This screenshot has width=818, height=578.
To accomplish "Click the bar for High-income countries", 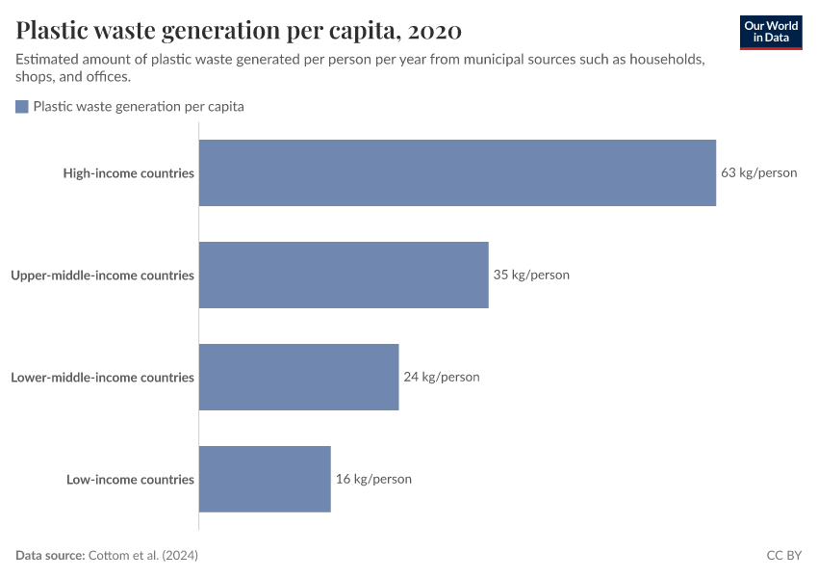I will click(457, 172).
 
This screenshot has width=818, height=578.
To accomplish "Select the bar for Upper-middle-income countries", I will click(344, 275).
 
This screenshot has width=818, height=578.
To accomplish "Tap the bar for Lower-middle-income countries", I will click(298, 377).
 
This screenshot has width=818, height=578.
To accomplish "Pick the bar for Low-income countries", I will click(265, 479).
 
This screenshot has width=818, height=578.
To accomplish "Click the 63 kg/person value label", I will click(758, 173).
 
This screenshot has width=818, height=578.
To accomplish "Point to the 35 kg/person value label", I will click(531, 275).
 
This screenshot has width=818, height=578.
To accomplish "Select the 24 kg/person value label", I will click(441, 377).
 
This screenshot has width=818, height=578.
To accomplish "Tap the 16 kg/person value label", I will click(373, 479).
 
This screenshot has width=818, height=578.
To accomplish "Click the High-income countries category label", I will click(129, 173).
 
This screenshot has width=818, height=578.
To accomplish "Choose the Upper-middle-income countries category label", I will click(102, 276).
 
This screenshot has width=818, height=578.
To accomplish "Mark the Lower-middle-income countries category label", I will click(102, 378).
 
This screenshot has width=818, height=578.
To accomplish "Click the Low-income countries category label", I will click(130, 480).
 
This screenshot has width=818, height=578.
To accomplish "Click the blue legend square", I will click(22, 107).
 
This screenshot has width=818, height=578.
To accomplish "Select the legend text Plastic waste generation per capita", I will click(139, 107).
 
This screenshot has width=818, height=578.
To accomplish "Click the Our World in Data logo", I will click(771, 32).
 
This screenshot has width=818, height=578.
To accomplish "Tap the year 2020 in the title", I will click(434, 31).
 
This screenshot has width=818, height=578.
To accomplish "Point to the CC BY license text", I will click(782, 556).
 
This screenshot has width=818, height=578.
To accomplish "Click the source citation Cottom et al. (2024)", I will click(143, 556).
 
